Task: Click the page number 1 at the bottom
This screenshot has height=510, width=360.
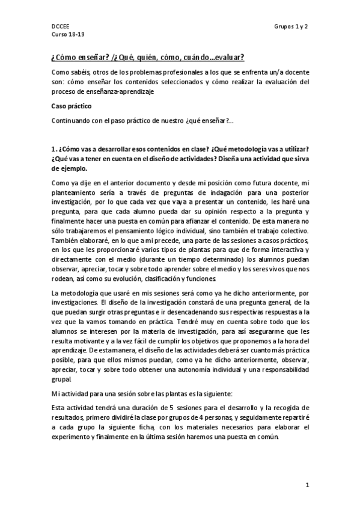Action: click(x=307, y=485)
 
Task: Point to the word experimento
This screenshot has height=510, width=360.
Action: click(x=75, y=437)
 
